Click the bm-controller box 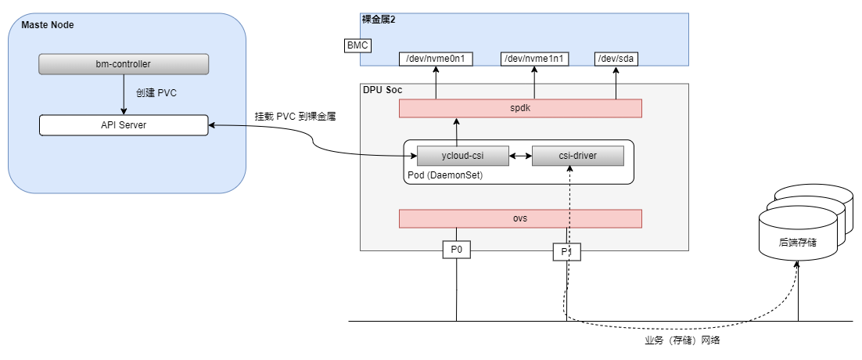(124, 64)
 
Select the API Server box (124, 124)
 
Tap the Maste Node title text (47, 25)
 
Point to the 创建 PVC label (156, 93)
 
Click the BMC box (357, 45)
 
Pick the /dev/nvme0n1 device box (436, 59)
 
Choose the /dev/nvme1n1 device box (535, 59)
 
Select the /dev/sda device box (616, 59)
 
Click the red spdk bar (520, 109)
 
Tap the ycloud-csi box (463, 156)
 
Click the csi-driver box (577, 156)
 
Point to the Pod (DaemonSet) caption (445, 175)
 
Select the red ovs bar (520, 218)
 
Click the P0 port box (457, 250)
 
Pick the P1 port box (566, 251)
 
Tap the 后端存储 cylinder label (798, 243)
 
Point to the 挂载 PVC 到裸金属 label (295, 117)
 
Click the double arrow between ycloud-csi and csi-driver (520, 156)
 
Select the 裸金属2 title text (379, 19)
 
